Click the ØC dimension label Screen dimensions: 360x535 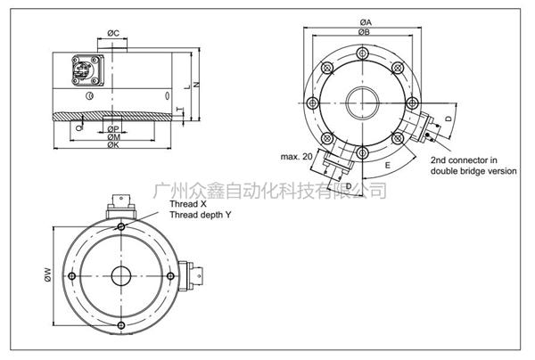coord(114,33)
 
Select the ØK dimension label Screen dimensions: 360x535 coord(113,146)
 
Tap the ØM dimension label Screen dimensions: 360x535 coord(113,137)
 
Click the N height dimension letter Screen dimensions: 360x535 coord(196,86)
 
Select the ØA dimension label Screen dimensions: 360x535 coord(366,21)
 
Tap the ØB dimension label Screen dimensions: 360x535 coord(366,32)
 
